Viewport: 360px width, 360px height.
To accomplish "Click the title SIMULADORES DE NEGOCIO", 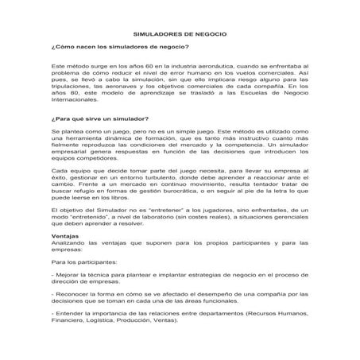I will pos(180,35).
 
